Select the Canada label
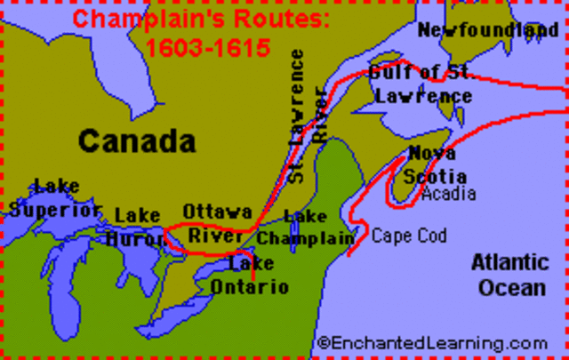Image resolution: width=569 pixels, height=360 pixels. click(x=136, y=140)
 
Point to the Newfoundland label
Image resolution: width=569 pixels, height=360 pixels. click(x=488, y=31)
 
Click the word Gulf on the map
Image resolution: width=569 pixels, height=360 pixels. click(x=390, y=74)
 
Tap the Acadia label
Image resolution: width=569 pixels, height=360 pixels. click(x=448, y=193)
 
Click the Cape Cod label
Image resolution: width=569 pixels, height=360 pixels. click(x=409, y=236)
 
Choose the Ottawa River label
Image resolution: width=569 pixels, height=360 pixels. click(x=215, y=224)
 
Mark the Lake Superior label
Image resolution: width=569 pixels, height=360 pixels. click(x=56, y=198)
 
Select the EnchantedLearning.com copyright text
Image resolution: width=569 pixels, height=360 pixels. click(x=432, y=342)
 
